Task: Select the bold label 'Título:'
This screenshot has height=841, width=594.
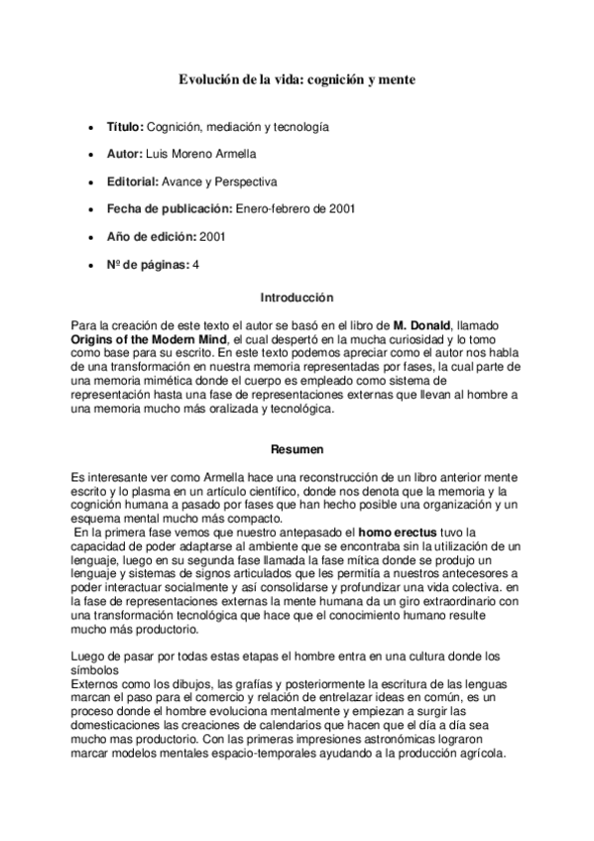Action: [125, 128]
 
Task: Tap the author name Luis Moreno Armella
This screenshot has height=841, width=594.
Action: [200, 155]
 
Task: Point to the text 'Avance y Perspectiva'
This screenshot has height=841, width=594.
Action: [228, 181]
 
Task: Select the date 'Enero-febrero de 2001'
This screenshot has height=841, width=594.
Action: [296, 208]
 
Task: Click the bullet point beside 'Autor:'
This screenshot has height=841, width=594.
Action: [91, 156]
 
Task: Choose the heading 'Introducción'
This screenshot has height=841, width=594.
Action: [297, 298]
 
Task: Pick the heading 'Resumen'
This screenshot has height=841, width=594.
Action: [297, 449]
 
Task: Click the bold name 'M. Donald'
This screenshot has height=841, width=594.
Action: [422, 324]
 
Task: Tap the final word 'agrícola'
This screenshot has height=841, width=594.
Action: [480, 753]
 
